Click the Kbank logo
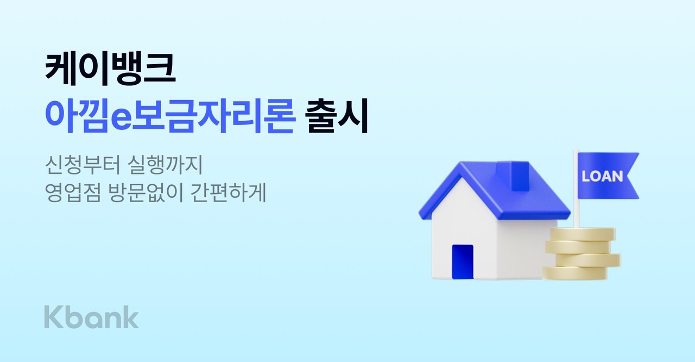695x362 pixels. pyautogui.click(x=91, y=317)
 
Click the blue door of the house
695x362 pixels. pyautogui.click(x=463, y=261)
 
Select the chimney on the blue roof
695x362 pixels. pyautogui.click(x=520, y=174)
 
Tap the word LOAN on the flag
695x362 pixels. pyautogui.click(x=602, y=177)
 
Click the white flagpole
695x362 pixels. pyautogui.click(x=576, y=196)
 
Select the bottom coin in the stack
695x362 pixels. pyautogui.click(x=576, y=272)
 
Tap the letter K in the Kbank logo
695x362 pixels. pyautogui.click(x=53, y=317)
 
